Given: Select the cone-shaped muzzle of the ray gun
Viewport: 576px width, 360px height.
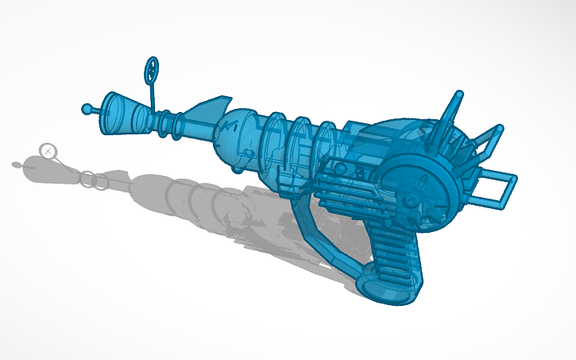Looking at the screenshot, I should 118,110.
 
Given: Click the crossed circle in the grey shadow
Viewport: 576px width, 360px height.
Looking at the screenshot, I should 48,150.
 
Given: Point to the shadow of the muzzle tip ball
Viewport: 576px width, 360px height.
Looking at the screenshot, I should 17,165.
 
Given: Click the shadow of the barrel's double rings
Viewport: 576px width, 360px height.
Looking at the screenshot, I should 95,181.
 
